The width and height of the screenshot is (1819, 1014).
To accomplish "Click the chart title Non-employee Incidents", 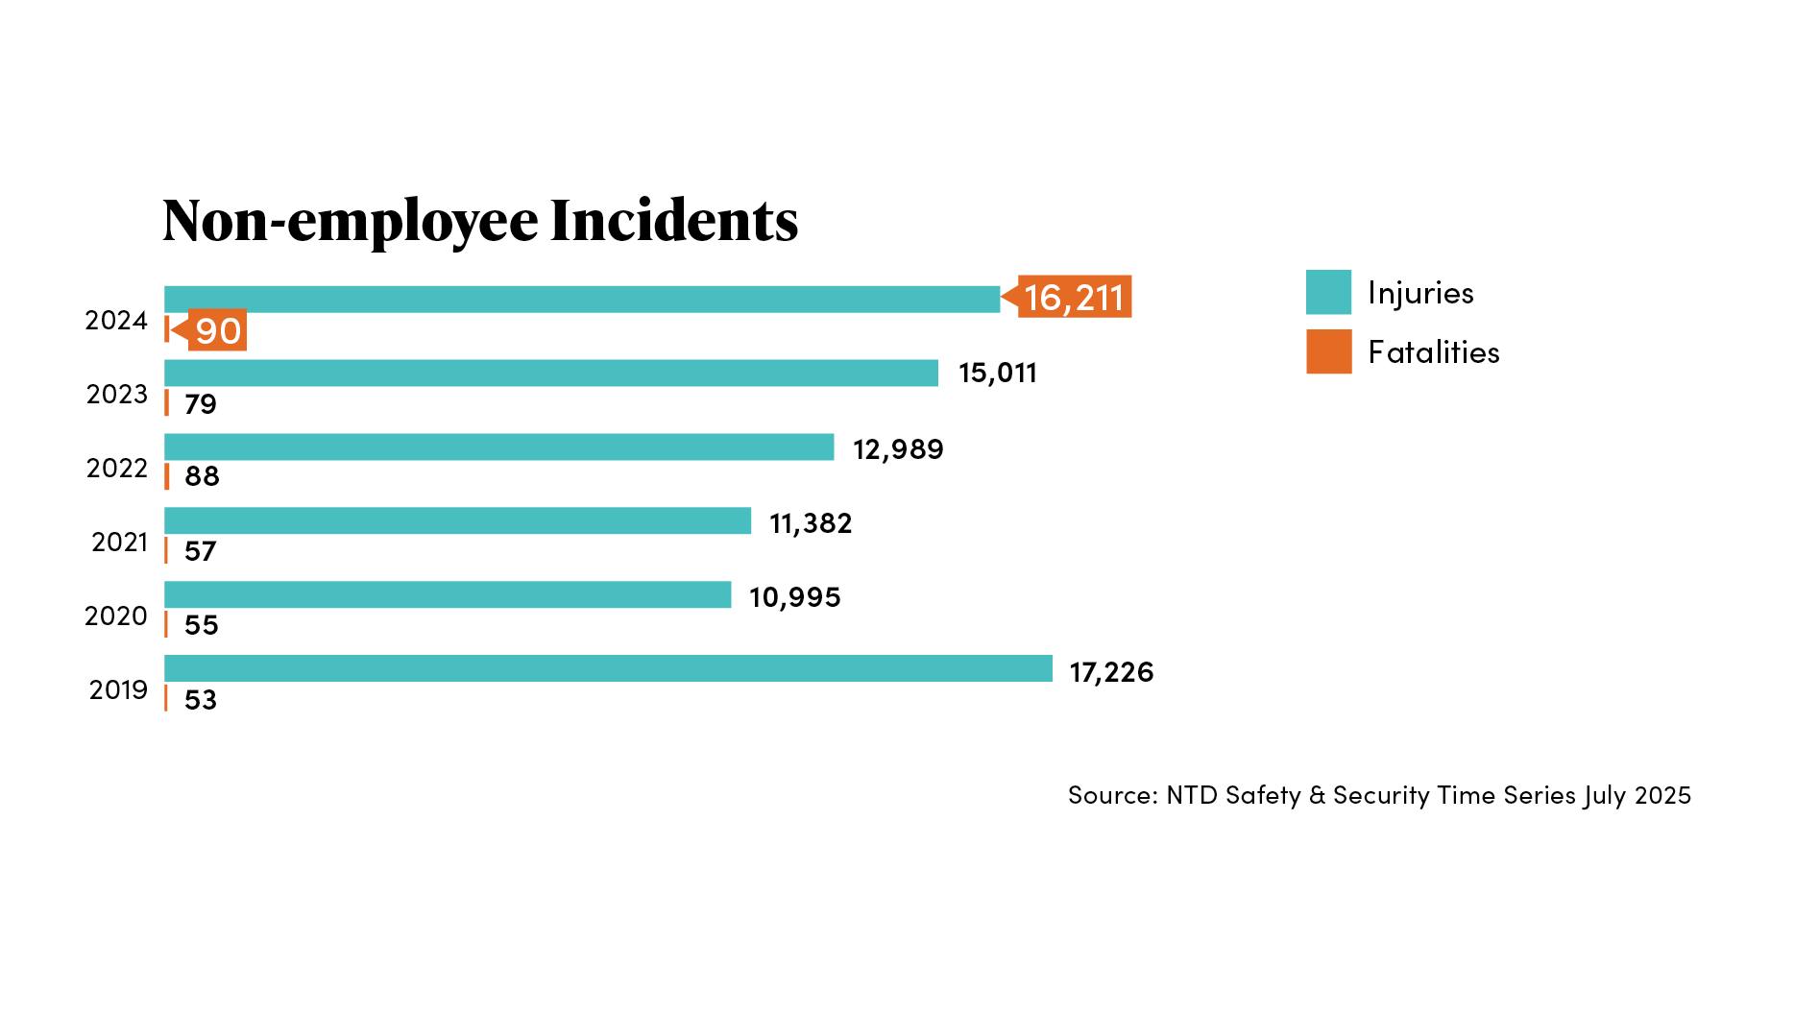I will [x=480, y=220].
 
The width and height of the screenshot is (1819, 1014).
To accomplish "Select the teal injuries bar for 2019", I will [x=608, y=668].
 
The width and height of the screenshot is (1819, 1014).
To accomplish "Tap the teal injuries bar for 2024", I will [x=581, y=299].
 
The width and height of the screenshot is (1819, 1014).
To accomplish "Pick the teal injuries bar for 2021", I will [x=457, y=520].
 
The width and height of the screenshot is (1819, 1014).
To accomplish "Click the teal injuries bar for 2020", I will [x=448, y=594].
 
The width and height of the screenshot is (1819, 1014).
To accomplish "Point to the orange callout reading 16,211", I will [x=1074, y=297].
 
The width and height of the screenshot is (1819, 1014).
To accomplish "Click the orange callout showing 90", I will [x=217, y=330].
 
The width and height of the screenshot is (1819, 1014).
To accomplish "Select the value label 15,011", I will [x=997, y=373].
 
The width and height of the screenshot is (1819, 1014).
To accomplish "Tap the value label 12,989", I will [x=898, y=448].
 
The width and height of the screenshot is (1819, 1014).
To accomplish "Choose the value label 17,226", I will [x=1110, y=671].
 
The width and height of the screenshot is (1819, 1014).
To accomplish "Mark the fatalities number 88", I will [x=202, y=476].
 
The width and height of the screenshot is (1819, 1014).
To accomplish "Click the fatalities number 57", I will [x=200, y=551].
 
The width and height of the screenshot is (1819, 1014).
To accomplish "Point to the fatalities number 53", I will [x=200, y=700].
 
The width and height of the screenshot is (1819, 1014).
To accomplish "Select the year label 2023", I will [x=116, y=394].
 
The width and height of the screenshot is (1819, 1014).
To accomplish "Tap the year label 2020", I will [x=115, y=616].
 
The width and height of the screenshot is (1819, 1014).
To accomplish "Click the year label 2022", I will [x=116, y=468].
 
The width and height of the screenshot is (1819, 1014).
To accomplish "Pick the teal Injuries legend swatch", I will [x=1328, y=292].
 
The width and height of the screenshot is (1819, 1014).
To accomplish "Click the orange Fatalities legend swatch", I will [x=1328, y=351].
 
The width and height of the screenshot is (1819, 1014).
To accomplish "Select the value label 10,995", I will [x=794, y=597].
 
